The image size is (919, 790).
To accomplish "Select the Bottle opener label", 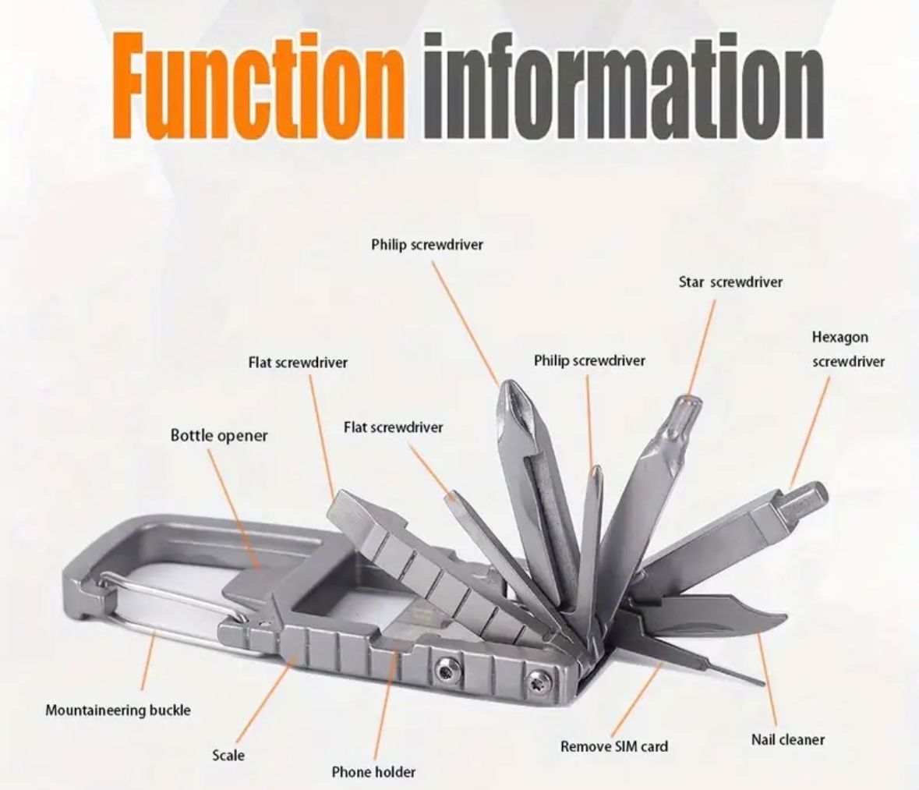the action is pos(218,436).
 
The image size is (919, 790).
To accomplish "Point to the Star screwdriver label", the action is pos(730,282).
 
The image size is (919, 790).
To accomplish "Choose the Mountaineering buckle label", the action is pos(118,710).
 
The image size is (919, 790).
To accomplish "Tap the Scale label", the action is pos(228,756).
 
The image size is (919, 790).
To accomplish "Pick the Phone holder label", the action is pos(373,772).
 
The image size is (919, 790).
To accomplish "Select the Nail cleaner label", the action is pos(788,739).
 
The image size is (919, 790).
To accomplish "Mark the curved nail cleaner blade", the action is pos(715,622).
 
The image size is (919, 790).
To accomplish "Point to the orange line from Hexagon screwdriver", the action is pos(810,432).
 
